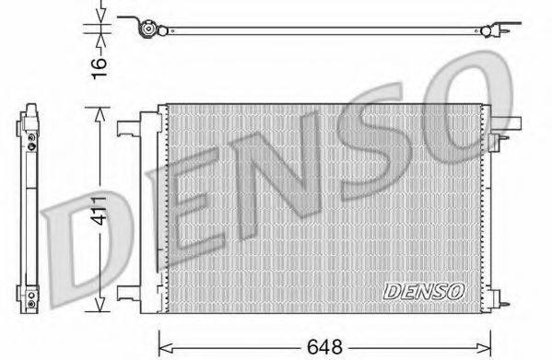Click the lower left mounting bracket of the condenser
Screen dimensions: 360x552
pyautogui.click(x=127, y=296)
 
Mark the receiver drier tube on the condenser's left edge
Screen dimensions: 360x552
pyautogui.click(x=147, y=212)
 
